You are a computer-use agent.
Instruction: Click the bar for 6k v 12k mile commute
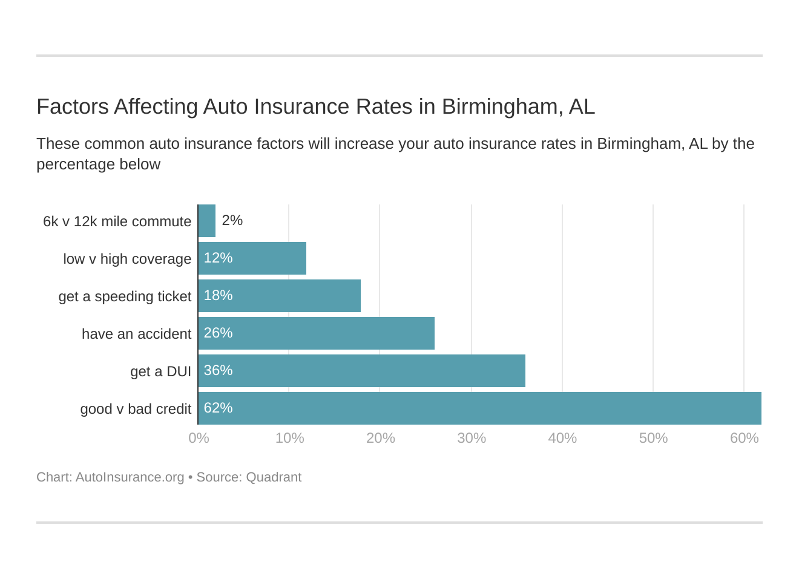click(207, 221)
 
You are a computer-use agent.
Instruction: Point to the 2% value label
click(232, 220)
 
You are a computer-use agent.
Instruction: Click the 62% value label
click(218, 408)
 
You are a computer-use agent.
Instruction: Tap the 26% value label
click(218, 333)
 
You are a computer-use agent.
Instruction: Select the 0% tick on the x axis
click(199, 438)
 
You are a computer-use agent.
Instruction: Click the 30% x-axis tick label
click(472, 438)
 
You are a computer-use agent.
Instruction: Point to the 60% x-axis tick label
click(744, 438)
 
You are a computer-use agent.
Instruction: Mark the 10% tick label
click(289, 438)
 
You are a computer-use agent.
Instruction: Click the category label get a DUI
click(160, 371)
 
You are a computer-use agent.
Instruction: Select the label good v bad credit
click(136, 409)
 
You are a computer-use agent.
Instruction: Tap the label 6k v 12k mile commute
click(117, 221)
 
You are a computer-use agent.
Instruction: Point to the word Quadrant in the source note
click(274, 477)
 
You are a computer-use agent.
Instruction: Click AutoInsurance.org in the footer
click(130, 477)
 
